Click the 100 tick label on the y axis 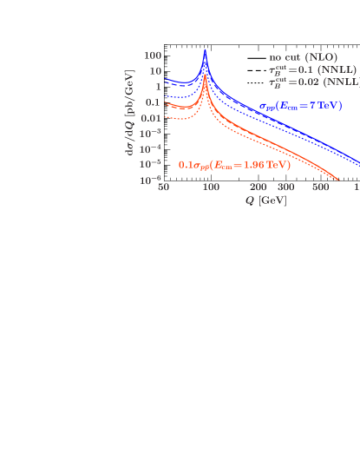pos(153,55)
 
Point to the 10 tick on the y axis pos(155,70)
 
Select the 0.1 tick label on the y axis pos(154,102)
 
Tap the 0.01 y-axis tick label pos(151,117)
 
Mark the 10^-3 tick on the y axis pos(151,133)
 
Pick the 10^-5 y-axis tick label pos(151,164)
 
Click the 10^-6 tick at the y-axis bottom pos(151,180)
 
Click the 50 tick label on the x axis pos(163,188)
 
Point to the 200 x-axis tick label pos(258,188)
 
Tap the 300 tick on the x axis pos(286,188)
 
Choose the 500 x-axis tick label pos(320,188)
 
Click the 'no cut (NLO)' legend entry pos(303,57)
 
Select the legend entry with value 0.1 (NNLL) pos(311,69)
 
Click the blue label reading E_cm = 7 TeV pos(301,106)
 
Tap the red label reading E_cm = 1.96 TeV pos(234,165)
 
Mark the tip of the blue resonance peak pos(205,50)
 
